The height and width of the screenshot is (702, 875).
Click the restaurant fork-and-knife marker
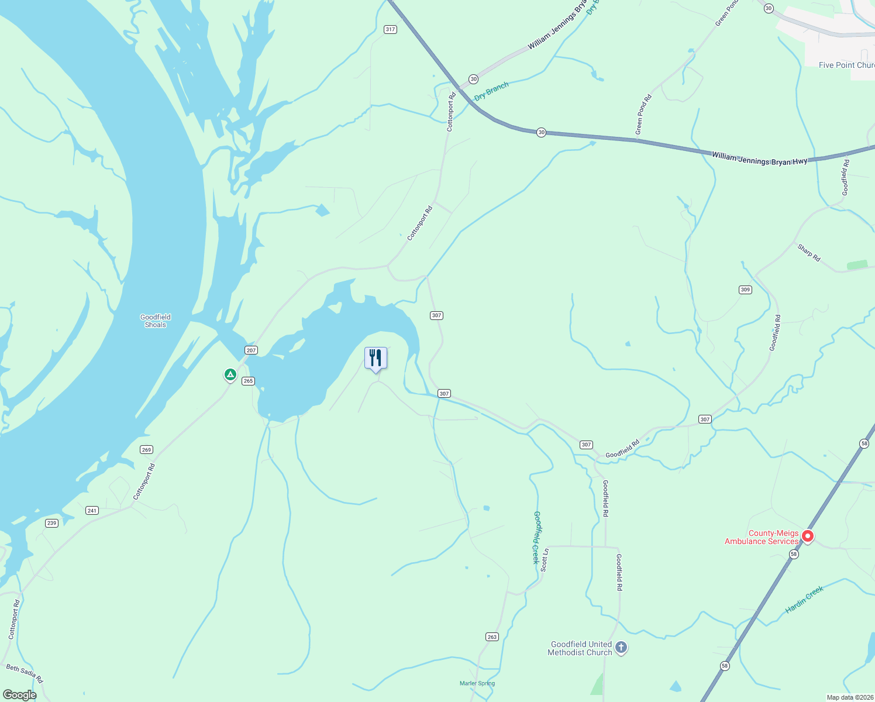click(376, 357)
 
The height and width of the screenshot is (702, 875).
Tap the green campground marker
click(230, 374)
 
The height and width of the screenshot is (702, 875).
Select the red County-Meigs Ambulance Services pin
click(808, 536)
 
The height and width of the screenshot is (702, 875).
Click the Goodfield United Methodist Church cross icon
click(621, 648)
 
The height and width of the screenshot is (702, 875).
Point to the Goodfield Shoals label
click(156, 321)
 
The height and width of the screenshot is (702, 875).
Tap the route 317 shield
click(390, 29)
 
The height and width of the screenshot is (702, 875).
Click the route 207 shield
click(251, 350)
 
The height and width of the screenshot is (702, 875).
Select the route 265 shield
click(248, 381)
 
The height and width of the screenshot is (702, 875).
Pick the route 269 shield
click(146, 450)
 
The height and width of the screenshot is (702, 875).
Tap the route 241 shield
click(92, 511)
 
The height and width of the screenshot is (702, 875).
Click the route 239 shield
click(52, 523)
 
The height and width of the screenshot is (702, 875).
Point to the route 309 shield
click(745, 290)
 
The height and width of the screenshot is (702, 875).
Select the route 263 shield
click(492, 637)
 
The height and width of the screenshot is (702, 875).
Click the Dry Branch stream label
click(491, 91)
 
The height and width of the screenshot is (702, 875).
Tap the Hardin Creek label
click(804, 600)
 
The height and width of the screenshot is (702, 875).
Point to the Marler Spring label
click(477, 683)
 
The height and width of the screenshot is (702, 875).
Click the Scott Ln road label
click(545, 560)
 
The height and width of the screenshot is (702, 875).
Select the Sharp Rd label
click(809, 253)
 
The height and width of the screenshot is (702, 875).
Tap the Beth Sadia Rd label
click(25, 673)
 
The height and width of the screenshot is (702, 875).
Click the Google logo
click(19, 695)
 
